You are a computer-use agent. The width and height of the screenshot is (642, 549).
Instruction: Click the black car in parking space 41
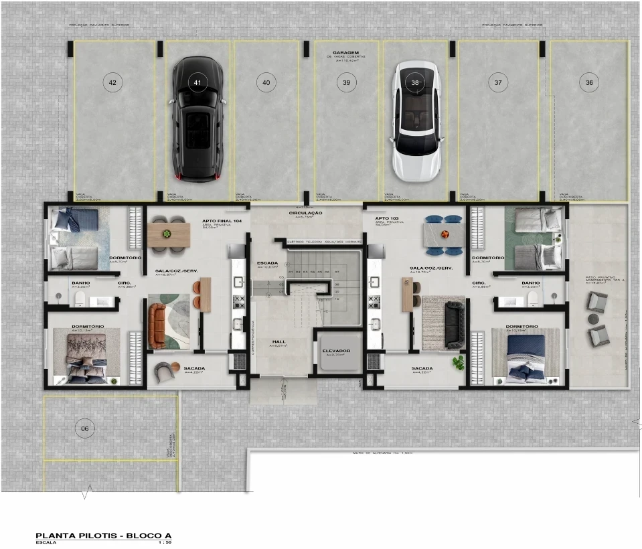196,119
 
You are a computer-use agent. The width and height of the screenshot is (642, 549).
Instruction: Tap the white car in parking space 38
416,121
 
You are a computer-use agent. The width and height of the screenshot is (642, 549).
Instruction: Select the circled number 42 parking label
112,82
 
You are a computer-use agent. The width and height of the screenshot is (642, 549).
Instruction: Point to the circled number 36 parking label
589,82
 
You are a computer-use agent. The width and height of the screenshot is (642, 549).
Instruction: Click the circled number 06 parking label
84,428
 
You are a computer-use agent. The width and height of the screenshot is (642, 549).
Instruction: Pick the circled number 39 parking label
346,82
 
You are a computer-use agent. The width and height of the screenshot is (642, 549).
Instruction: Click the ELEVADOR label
337,351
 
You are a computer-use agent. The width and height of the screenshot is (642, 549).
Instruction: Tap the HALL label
278,341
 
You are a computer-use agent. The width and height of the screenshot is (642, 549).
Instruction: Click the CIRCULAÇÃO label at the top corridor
306,213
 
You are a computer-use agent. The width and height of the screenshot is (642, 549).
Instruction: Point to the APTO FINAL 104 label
217,220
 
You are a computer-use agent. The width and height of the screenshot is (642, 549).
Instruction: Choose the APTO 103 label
387,219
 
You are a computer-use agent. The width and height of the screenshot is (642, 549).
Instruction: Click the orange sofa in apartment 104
158,326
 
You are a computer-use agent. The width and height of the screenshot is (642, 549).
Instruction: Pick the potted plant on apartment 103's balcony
458,362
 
